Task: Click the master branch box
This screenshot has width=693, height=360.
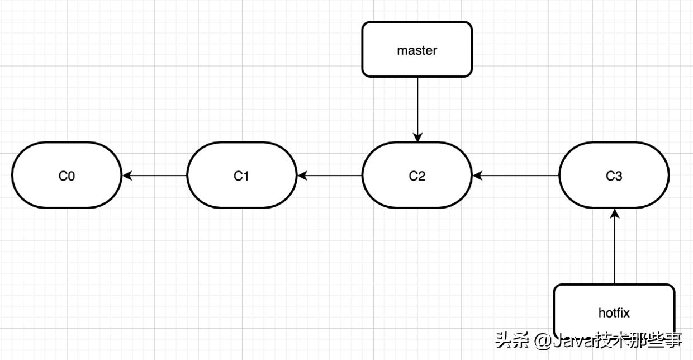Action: pos(417,49)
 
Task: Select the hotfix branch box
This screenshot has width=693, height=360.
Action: pos(614,311)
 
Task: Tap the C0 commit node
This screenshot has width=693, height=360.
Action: pos(67,176)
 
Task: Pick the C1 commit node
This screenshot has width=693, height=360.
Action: pos(241,176)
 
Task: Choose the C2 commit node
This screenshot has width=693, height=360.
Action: pos(417,176)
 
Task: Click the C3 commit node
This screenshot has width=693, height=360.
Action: pos(614,176)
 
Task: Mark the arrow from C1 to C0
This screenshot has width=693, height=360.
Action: pos(155,176)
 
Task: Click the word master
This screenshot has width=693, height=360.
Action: pos(417,50)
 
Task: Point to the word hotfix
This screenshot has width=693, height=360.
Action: pos(614,313)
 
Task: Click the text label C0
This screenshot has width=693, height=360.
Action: pos(67,176)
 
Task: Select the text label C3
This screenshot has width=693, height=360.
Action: pos(614,176)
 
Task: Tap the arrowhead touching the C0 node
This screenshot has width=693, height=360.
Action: pos(126,176)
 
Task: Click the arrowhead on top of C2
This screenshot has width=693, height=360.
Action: pos(417,138)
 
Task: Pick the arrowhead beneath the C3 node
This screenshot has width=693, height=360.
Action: pos(615,214)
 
